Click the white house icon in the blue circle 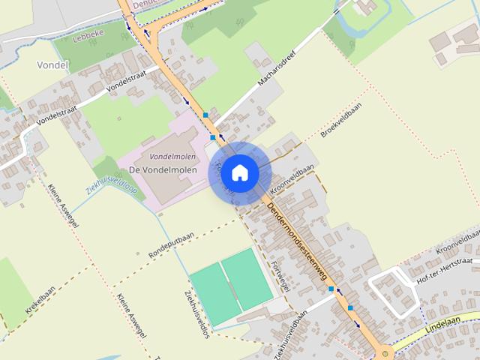click(239, 172)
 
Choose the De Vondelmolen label click(163, 170)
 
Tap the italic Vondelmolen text click(163, 157)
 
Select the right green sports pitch click(247, 277)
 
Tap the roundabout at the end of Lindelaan click(385, 352)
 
